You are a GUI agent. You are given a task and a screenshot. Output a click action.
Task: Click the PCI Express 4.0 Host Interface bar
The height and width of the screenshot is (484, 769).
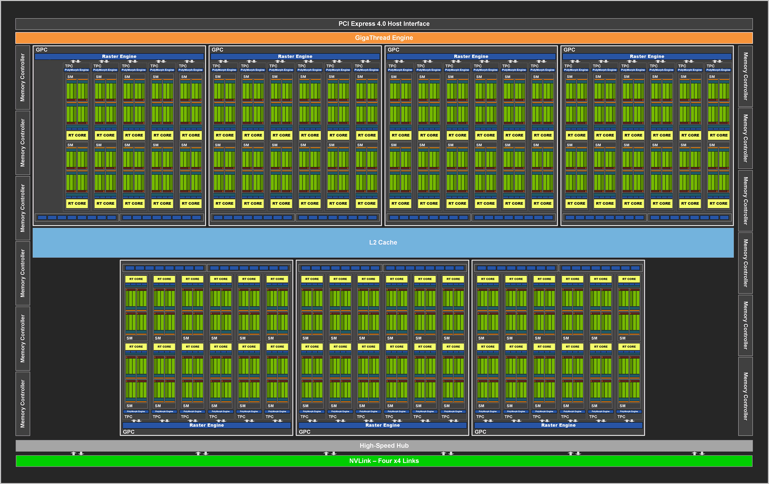384,24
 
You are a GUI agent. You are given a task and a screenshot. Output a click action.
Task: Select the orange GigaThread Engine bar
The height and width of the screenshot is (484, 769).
384,38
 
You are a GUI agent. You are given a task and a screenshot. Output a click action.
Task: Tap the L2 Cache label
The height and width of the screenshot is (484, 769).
383,242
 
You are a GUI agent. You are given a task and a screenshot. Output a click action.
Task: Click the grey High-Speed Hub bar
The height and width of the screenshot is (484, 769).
384,445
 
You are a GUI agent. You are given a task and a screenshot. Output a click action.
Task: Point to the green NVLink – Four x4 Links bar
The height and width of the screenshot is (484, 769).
384,461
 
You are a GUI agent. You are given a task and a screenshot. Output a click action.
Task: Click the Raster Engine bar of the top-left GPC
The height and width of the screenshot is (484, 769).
119,56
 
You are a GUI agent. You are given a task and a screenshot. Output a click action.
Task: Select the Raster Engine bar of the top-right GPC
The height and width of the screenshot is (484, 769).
647,56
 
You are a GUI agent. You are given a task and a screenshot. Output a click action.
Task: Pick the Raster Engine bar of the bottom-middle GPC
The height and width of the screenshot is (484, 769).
382,425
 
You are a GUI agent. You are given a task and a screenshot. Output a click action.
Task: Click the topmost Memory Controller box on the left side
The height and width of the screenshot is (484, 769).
23,77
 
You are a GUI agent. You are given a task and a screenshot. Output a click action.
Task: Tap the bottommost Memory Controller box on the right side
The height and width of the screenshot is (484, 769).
745,396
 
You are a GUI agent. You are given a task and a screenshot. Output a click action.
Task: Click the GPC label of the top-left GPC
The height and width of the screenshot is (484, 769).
41,50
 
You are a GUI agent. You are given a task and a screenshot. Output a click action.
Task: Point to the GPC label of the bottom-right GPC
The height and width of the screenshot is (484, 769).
480,432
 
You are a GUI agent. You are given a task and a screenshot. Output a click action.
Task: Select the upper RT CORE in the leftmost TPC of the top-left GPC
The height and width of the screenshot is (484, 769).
77,135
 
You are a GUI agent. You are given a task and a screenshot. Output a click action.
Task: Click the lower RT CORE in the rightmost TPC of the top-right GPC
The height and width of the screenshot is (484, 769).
718,203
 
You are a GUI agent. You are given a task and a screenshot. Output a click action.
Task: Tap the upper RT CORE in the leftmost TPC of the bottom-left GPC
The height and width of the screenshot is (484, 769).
136,279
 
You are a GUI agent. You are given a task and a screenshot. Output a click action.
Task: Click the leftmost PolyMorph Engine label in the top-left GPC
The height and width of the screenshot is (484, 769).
77,70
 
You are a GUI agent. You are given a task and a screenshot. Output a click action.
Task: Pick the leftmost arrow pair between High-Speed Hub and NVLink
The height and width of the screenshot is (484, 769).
77,453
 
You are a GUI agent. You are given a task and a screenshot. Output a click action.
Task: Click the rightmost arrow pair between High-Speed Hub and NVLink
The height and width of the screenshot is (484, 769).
698,453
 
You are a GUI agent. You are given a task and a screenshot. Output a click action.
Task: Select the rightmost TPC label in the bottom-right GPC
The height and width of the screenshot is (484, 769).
621,417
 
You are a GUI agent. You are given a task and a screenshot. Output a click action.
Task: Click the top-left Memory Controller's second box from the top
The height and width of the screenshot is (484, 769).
23,143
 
